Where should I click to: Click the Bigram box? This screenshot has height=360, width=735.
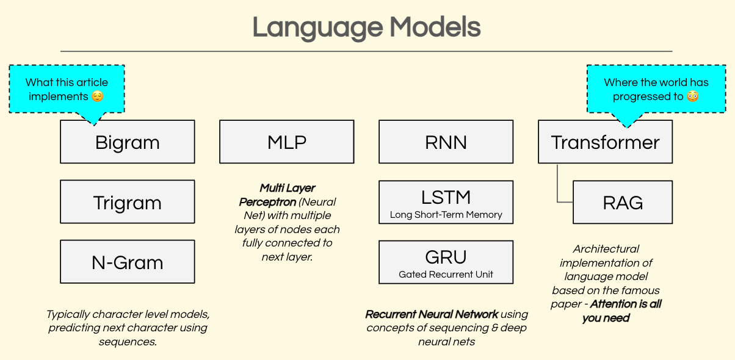(x=127, y=142)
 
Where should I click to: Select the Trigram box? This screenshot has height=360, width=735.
(x=127, y=202)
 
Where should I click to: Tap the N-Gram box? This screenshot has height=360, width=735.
(x=127, y=262)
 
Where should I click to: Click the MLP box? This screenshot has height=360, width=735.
(x=286, y=142)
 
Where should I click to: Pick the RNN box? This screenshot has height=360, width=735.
(x=446, y=142)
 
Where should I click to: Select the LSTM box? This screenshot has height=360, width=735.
(x=446, y=197)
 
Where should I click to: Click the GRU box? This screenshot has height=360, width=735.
(x=446, y=256)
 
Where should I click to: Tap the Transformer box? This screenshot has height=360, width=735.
(x=605, y=142)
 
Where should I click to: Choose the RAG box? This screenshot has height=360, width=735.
(x=623, y=202)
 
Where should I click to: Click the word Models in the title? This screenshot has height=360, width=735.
(x=435, y=27)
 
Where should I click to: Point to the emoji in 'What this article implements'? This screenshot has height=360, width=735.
(x=97, y=96)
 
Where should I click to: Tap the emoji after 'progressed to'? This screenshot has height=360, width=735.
(x=692, y=96)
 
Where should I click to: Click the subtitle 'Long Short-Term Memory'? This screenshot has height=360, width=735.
(x=446, y=215)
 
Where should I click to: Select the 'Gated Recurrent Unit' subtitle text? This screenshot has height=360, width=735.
(x=446, y=275)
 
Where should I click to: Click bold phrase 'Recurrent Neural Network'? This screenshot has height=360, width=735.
(x=432, y=314)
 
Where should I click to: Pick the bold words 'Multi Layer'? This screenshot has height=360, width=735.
(x=288, y=188)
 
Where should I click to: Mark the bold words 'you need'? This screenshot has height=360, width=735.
(x=606, y=318)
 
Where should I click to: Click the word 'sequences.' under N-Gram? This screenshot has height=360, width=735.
(x=128, y=341)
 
